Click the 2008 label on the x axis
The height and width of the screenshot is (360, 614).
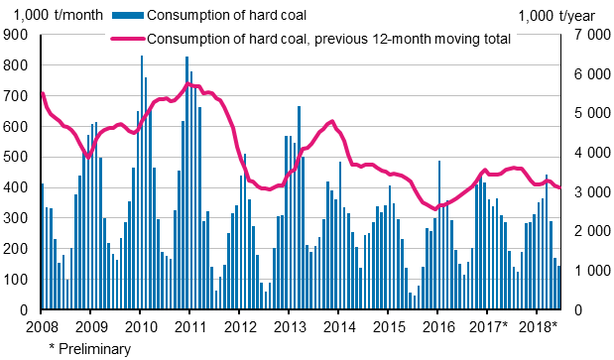pyautogui.click(x=41, y=327)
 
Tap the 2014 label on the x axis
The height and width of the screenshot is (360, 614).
pyautogui.click(x=339, y=327)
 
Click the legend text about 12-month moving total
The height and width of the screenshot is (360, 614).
pyautogui.click(x=327, y=39)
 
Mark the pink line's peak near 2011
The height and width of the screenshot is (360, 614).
pyautogui.click(x=190, y=84)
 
